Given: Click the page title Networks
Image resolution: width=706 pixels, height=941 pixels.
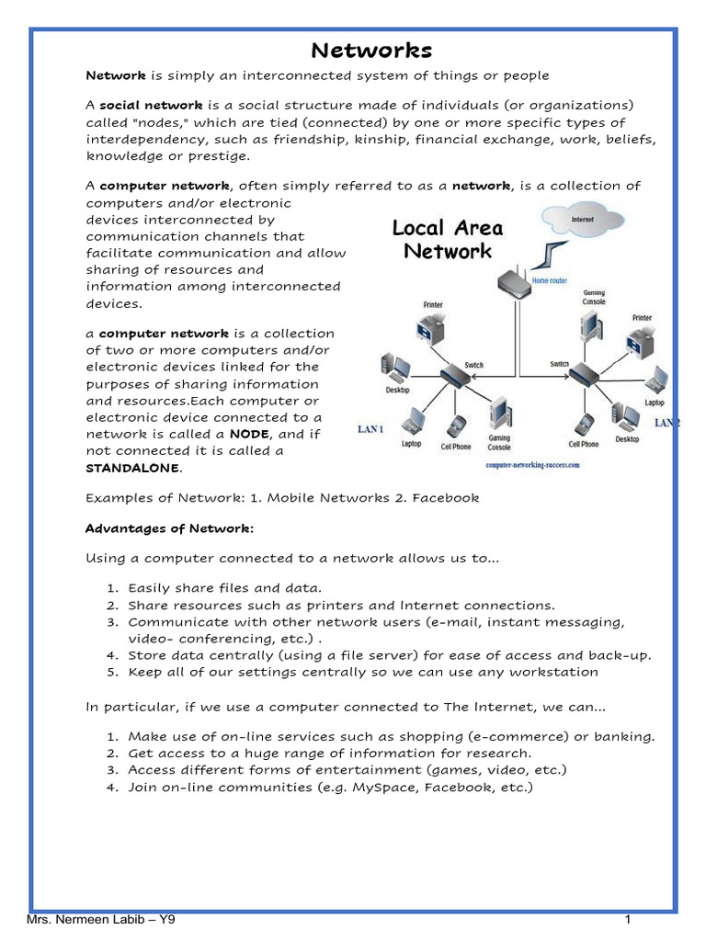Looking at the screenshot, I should [371, 50].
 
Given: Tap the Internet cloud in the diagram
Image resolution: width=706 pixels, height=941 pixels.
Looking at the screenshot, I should [582, 221].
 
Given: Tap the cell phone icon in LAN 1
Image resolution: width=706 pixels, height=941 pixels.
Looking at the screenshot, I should [456, 427].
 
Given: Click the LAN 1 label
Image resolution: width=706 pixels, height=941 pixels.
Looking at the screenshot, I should [370, 430].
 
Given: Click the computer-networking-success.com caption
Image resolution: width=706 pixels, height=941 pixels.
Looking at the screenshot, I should [532, 466].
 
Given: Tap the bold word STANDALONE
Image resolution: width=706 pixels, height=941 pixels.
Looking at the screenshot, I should [133, 468].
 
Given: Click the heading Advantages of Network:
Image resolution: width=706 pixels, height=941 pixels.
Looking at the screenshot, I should [169, 528].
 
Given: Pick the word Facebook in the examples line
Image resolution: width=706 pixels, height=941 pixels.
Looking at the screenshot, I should [446, 498].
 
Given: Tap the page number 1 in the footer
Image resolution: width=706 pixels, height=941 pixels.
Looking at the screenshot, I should [626, 920].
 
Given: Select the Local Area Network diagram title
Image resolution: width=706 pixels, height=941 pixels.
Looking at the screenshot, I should [448, 239].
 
